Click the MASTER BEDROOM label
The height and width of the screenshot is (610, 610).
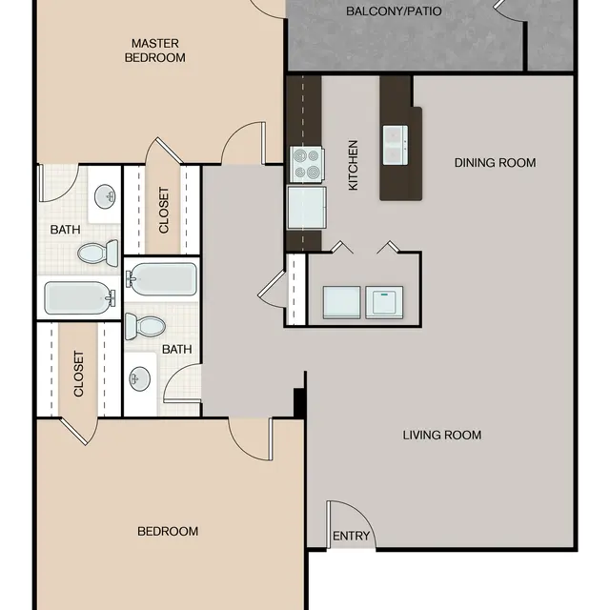click(x=157, y=50)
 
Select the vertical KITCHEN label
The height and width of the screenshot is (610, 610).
click(x=353, y=166)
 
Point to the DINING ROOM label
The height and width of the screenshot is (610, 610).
click(x=495, y=163)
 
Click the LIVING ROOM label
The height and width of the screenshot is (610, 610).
click(x=441, y=436)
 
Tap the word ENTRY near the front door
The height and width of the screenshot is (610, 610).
click(x=351, y=537)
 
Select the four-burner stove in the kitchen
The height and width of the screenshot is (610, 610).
click(x=306, y=164)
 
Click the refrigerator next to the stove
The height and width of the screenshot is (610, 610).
click(x=305, y=206)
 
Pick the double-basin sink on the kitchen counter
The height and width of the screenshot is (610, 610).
click(x=396, y=145)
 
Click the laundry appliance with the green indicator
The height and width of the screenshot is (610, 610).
click(x=385, y=301)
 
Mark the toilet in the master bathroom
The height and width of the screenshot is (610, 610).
click(x=96, y=253)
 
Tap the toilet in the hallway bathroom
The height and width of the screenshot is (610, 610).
click(x=146, y=326)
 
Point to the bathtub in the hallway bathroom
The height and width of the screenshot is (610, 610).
click(x=162, y=280)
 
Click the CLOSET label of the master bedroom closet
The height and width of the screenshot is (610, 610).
click(x=163, y=210)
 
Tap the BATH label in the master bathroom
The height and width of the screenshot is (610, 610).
click(x=66, y=230)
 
